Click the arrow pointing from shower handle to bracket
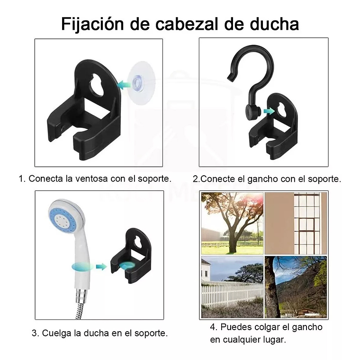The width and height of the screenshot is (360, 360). [101, 267]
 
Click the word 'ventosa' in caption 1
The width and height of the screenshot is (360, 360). [90, 179]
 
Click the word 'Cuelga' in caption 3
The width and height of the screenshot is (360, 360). [57, 333]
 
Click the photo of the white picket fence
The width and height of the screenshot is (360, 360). [232, 287]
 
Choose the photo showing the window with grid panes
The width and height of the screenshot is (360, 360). [296, 223]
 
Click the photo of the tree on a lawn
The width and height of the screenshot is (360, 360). [232, 223]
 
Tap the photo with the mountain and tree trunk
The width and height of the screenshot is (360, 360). [296, 287]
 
